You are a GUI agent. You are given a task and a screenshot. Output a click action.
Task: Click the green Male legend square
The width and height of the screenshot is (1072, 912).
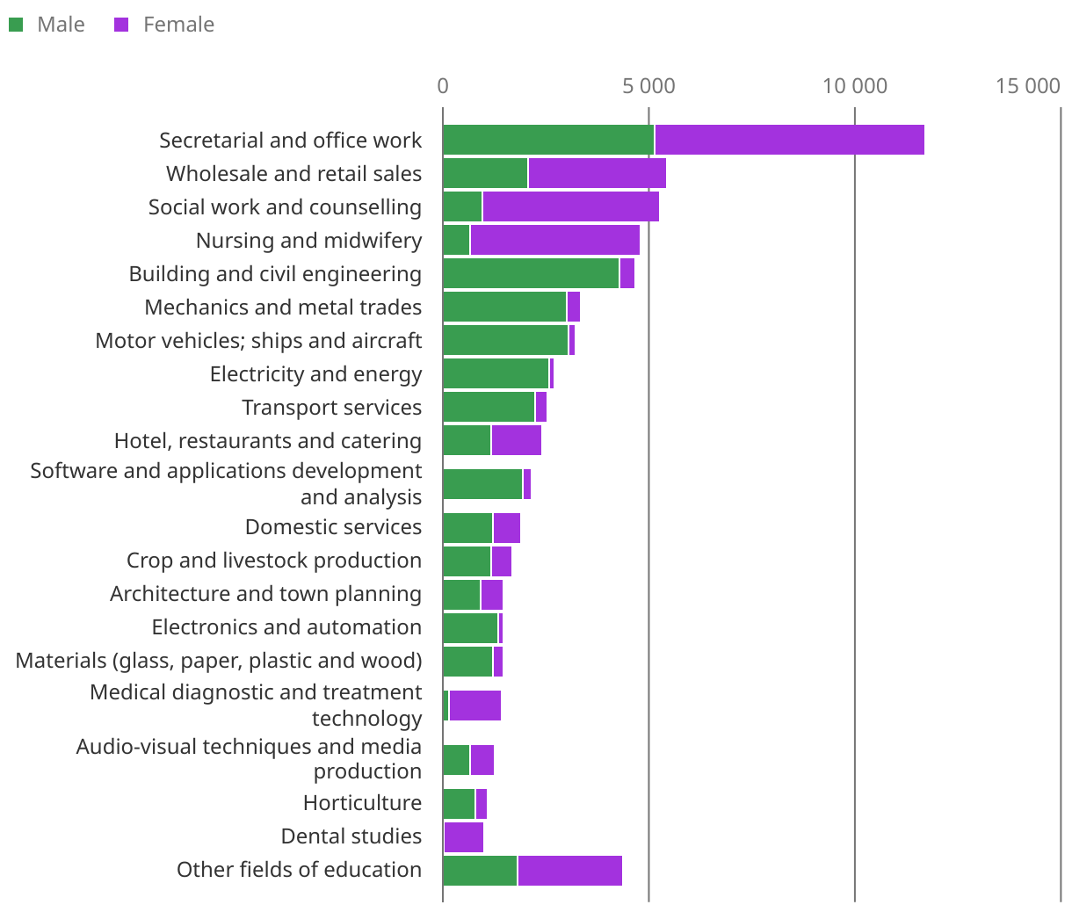click(16, 25)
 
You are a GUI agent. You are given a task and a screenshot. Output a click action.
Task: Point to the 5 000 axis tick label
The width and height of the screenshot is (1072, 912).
click(648, 86)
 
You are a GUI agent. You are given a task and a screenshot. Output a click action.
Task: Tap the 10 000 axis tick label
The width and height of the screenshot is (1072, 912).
click(854, 86)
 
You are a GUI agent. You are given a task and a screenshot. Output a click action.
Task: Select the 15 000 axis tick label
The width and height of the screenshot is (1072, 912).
click(1027, 86)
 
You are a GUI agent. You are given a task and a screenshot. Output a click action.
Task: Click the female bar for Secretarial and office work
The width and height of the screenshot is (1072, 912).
click(789, 141)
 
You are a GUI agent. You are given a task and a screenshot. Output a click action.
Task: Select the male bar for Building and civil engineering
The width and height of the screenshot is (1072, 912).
click(531, 274)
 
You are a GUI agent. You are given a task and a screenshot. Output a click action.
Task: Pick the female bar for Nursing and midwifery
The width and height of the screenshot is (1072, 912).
click(554, 241)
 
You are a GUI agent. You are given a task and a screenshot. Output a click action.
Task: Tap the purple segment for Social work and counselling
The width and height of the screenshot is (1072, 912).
click(570, 207)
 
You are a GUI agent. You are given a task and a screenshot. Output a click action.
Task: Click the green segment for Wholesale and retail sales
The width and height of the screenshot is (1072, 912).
click(485, 174)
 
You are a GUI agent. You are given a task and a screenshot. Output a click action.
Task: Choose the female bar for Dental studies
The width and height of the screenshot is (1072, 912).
click(464, 837)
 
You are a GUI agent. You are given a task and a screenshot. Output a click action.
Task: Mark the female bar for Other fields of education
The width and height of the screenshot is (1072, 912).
click(569, 871)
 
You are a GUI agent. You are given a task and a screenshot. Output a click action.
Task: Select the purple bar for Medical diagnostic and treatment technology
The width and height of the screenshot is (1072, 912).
click(474, 706)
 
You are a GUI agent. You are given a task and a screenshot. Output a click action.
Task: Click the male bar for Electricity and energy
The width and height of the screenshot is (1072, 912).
click(496, 374)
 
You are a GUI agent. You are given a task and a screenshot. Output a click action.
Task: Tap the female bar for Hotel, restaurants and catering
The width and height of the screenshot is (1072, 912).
click(516, 441)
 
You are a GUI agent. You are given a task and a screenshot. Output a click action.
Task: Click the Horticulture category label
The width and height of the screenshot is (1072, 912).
click(362, 803)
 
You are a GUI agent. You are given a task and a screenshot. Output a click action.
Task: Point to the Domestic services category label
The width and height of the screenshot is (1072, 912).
click(333, 527)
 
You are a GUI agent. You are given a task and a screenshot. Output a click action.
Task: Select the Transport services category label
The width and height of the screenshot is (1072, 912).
click(331, 408)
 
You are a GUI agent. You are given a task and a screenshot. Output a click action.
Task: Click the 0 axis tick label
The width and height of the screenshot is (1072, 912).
click(443, 86)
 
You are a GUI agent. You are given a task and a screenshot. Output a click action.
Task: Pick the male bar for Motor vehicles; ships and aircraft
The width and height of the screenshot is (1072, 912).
click(505, 341)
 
